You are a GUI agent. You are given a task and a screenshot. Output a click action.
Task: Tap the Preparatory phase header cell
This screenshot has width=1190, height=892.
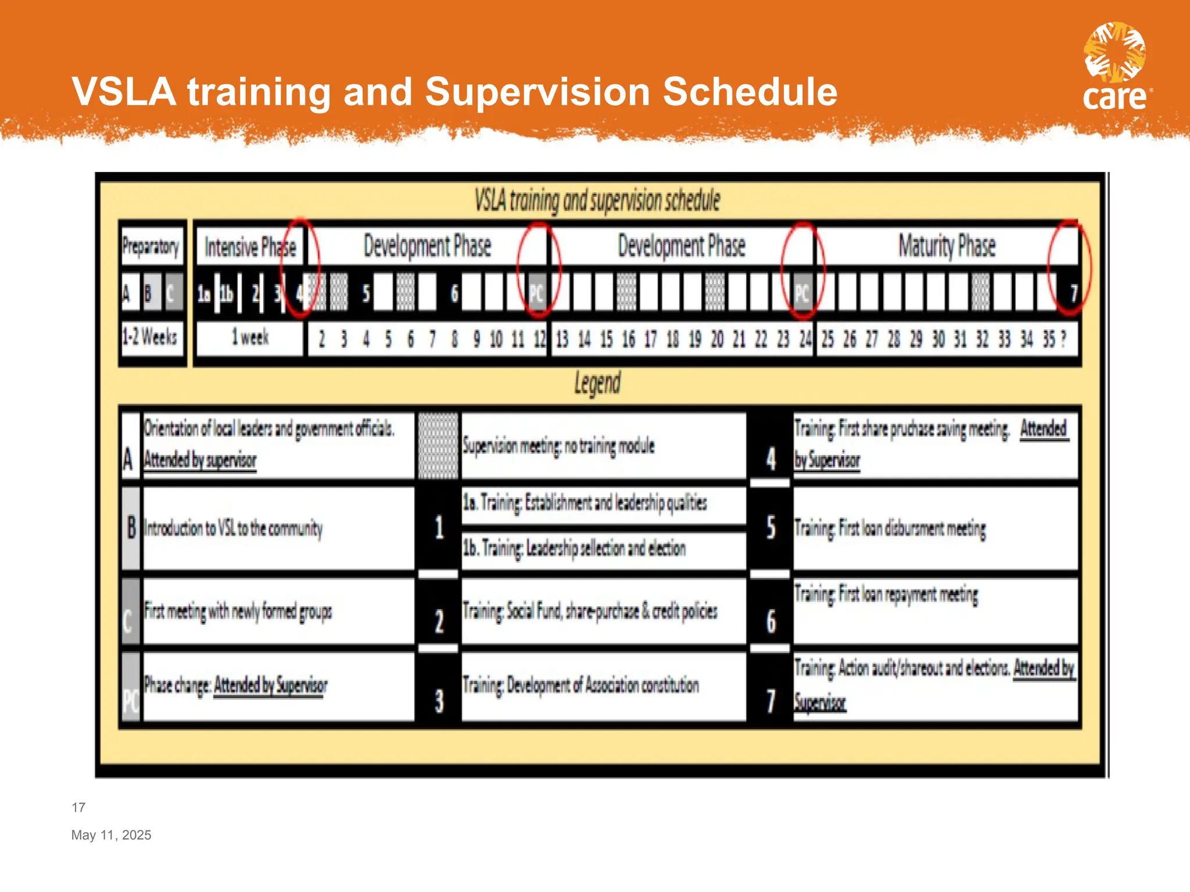(x=151, y=247)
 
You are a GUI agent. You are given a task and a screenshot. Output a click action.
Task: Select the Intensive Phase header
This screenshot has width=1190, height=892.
(x=250, y=247)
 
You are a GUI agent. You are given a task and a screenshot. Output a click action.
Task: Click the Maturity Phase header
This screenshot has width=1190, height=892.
(x=947, y=246)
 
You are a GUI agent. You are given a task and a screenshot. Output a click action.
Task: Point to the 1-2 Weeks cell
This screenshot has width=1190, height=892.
(x=150, y=337)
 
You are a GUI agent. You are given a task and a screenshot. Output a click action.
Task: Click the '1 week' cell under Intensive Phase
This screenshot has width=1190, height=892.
(x=250, y=337)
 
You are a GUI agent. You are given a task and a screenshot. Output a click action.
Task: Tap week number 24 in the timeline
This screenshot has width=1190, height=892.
(x=805, y=339)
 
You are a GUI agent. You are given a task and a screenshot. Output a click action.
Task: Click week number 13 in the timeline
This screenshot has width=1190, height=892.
(x=562, y=339)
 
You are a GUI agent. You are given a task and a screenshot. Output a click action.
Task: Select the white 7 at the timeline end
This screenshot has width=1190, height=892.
(x=1074, y=293)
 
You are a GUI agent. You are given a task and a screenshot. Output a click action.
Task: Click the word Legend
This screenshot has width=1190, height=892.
(x=597, y=384)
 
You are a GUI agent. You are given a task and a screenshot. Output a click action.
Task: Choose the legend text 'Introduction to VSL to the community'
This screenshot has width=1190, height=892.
(x=232, y=528)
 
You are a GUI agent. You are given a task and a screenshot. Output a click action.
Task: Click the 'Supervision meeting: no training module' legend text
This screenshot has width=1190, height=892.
(x=558, y=446)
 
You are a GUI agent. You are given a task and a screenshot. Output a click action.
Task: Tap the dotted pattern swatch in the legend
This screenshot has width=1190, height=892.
(x=438, y=446)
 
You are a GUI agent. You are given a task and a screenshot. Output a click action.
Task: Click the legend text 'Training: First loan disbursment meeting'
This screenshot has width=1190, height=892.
(x=890, y=528)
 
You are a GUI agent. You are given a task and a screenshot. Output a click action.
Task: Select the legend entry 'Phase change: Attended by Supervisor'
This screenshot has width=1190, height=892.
(x=235, y=686)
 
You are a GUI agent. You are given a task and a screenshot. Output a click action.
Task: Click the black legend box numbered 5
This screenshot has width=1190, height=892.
(x=770, y=527)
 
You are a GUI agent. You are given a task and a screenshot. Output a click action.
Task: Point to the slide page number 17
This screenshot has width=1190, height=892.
(x=78, y=807)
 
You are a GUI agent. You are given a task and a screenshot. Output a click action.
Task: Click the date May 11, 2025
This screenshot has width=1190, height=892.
(x=111, y=835)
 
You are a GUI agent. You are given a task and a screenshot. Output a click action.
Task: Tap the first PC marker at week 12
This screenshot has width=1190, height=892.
(x=536, y=294)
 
